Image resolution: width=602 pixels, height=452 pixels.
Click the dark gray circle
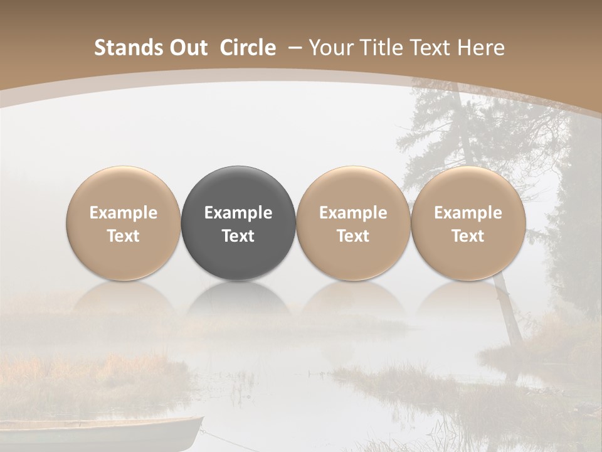tap(238, 223)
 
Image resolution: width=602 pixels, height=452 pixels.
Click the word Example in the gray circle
tap(238, 213)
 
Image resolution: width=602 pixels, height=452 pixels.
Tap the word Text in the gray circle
tap(238, 236)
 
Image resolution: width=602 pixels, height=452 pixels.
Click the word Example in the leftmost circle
tap(124, 213)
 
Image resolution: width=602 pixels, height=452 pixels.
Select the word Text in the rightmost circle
tap(468, 236)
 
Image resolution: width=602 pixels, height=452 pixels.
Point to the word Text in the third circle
tap(353, 236)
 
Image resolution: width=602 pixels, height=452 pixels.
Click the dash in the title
tap(293, 48)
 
